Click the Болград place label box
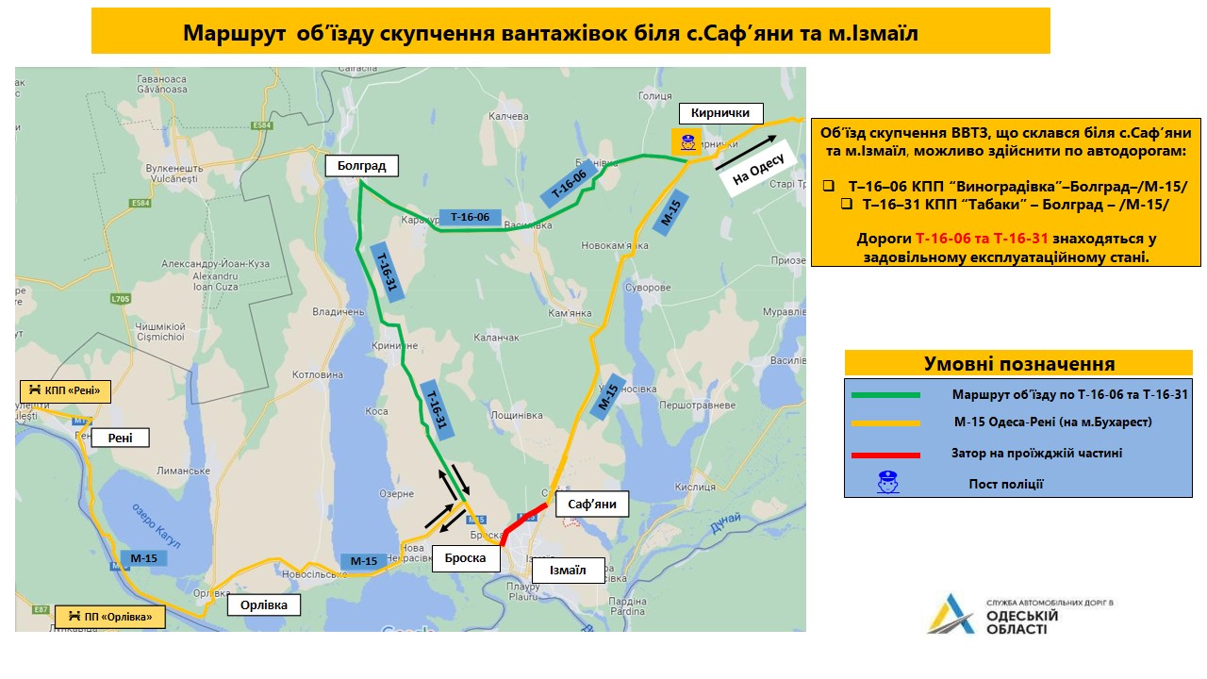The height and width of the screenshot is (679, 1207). (x=362, y=166)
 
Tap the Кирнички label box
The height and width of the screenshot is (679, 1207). (x=720, y=113)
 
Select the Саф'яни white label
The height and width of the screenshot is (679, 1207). (x=592, y=504)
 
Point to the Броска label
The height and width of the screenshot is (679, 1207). (x=466, y=558)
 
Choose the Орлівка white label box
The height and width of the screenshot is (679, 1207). (x=264, y=604)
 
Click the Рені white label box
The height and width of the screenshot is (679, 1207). (x=120, y=437)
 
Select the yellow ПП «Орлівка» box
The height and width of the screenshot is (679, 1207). (x=109, y=618)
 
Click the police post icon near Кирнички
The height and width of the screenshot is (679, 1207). (x=684, y=142)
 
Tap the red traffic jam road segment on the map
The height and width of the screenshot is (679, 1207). (x=522, y=521)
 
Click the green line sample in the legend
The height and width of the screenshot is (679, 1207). (x=885, y=395)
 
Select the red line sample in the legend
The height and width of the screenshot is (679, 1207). (x=885, y=455)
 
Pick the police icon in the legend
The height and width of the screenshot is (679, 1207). (x=886, y=484)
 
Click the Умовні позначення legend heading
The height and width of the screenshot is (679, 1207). (x=1018, y=363)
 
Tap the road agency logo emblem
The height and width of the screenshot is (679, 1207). (x=951, y=615)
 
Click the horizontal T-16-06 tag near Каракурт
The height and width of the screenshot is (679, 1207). (x=470, y=217)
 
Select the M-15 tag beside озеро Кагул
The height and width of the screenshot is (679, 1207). (x=144, y=557)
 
